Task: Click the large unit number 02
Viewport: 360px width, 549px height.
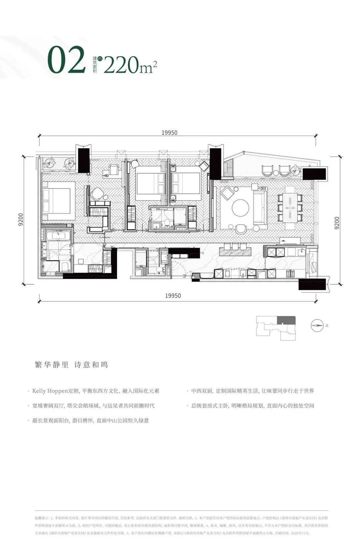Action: (x=67, y=60)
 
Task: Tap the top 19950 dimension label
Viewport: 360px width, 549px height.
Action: (x=169, y=132)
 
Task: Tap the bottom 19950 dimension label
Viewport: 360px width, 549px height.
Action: (x=173, y=296)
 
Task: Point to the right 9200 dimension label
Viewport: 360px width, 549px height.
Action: (x=337, y=223)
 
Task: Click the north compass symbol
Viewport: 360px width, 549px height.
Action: (x=317, y=325)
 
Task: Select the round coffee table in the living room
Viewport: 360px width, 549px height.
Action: (x=240, y=208)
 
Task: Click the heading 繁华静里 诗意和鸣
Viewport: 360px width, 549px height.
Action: (x=72, y=365)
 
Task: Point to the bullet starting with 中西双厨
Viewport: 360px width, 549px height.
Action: (x=252, y=391)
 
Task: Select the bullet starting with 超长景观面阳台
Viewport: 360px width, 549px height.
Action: (x=90, y=420)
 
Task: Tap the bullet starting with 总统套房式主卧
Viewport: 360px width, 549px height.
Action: (x=252, y=406)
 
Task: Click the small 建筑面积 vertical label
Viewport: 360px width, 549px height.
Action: (x=95, y=65)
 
